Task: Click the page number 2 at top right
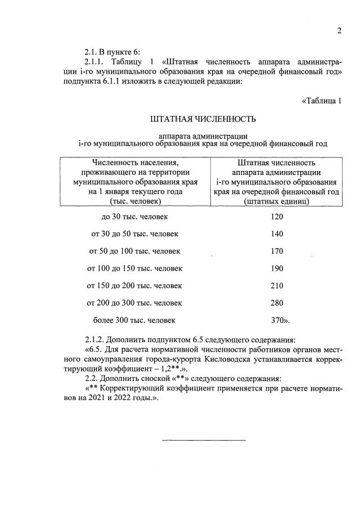339,30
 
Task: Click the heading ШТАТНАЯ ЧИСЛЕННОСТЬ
203,119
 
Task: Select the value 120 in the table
277,217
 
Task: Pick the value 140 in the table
277,234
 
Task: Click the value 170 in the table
277,251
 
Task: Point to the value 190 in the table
277,268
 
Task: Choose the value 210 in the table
277,286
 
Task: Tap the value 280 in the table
277,303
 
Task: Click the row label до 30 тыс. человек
134,217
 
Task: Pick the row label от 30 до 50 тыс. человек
134,234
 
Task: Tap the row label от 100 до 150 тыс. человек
134,268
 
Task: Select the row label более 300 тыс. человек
134,320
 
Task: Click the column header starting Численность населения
134,182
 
